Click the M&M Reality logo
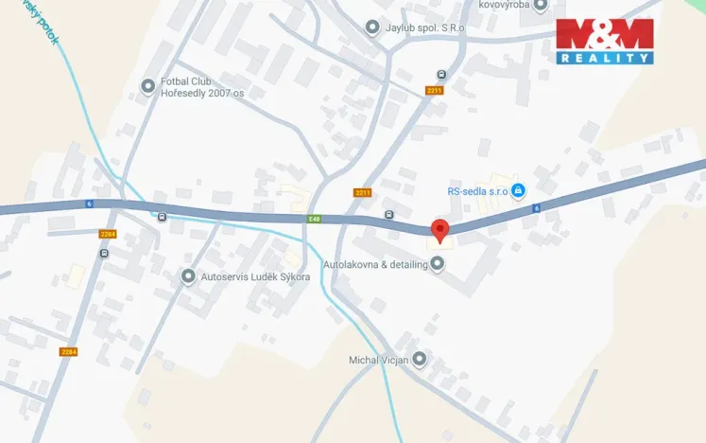point(604,41)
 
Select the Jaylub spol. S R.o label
point(425,27)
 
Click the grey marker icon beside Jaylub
point(373,27)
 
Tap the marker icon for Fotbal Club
point(147,87)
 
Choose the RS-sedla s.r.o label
point(478,191)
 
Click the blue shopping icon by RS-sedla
point(518,191)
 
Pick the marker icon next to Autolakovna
point(437,264)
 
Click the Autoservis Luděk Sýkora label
point(255,276)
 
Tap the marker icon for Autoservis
point(188,276)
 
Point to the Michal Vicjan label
point(378,359)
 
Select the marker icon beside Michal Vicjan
point(420,359)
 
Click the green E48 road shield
point(314,220)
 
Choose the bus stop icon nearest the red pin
point(389,215)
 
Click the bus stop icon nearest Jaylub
point(441,74)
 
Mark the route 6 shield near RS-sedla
point(536,208)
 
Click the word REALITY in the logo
point(604,58)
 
